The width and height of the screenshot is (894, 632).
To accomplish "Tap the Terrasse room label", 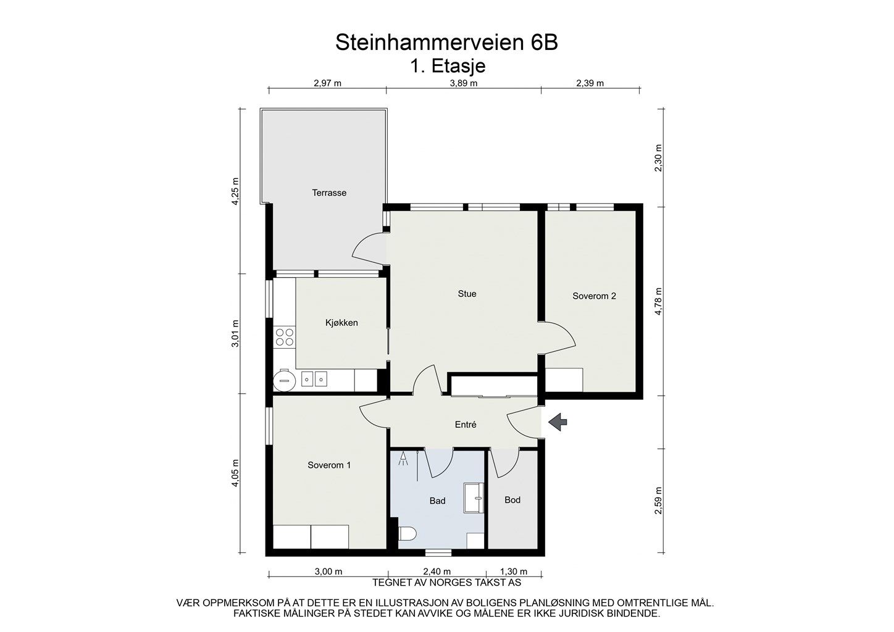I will [x=329, y=193].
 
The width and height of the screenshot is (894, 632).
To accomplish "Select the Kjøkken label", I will [x=341, y=322].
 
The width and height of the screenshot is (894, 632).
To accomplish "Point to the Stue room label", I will [x=467, y=294].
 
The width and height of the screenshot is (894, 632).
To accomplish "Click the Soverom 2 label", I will [x=594, y=296].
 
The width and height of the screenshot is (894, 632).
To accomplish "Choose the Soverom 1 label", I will [x=329, y=465].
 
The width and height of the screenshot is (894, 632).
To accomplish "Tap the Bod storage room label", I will [x=512, y=500].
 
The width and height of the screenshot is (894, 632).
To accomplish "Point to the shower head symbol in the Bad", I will [x=403, y=459].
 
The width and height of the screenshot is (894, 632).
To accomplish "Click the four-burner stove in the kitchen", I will [x=285, y=337].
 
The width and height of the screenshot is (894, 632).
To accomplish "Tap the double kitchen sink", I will [x=314, y=378].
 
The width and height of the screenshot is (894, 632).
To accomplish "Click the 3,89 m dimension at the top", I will [x=464, y=83].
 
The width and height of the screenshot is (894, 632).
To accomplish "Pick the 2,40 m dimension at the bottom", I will [x=437, y=572].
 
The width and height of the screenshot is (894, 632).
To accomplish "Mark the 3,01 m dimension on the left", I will [x=235, y=333].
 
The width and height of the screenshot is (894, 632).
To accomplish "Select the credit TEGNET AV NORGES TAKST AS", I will [x=446, y=582].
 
